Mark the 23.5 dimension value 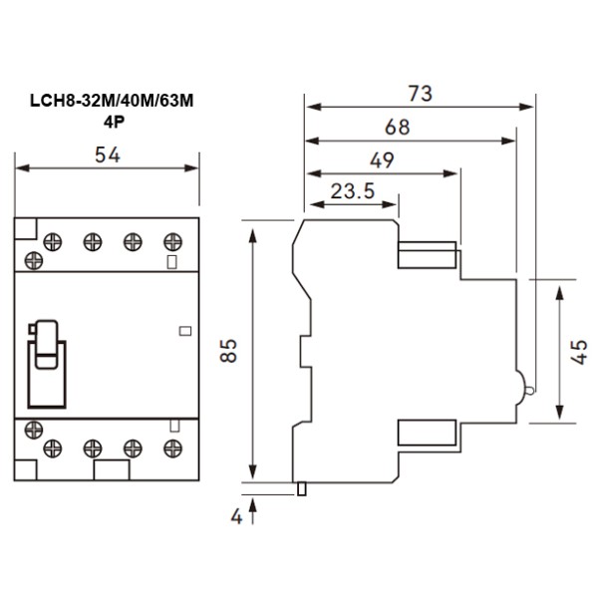[x=353, y=191]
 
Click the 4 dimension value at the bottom [x=236, y=517]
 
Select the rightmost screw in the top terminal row [x=173, y=240]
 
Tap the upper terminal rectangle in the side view [x=428, y=255]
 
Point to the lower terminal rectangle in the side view [x=428, y=432]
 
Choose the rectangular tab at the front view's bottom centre [x=111, y=470]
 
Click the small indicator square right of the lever [x=183, y=330]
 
